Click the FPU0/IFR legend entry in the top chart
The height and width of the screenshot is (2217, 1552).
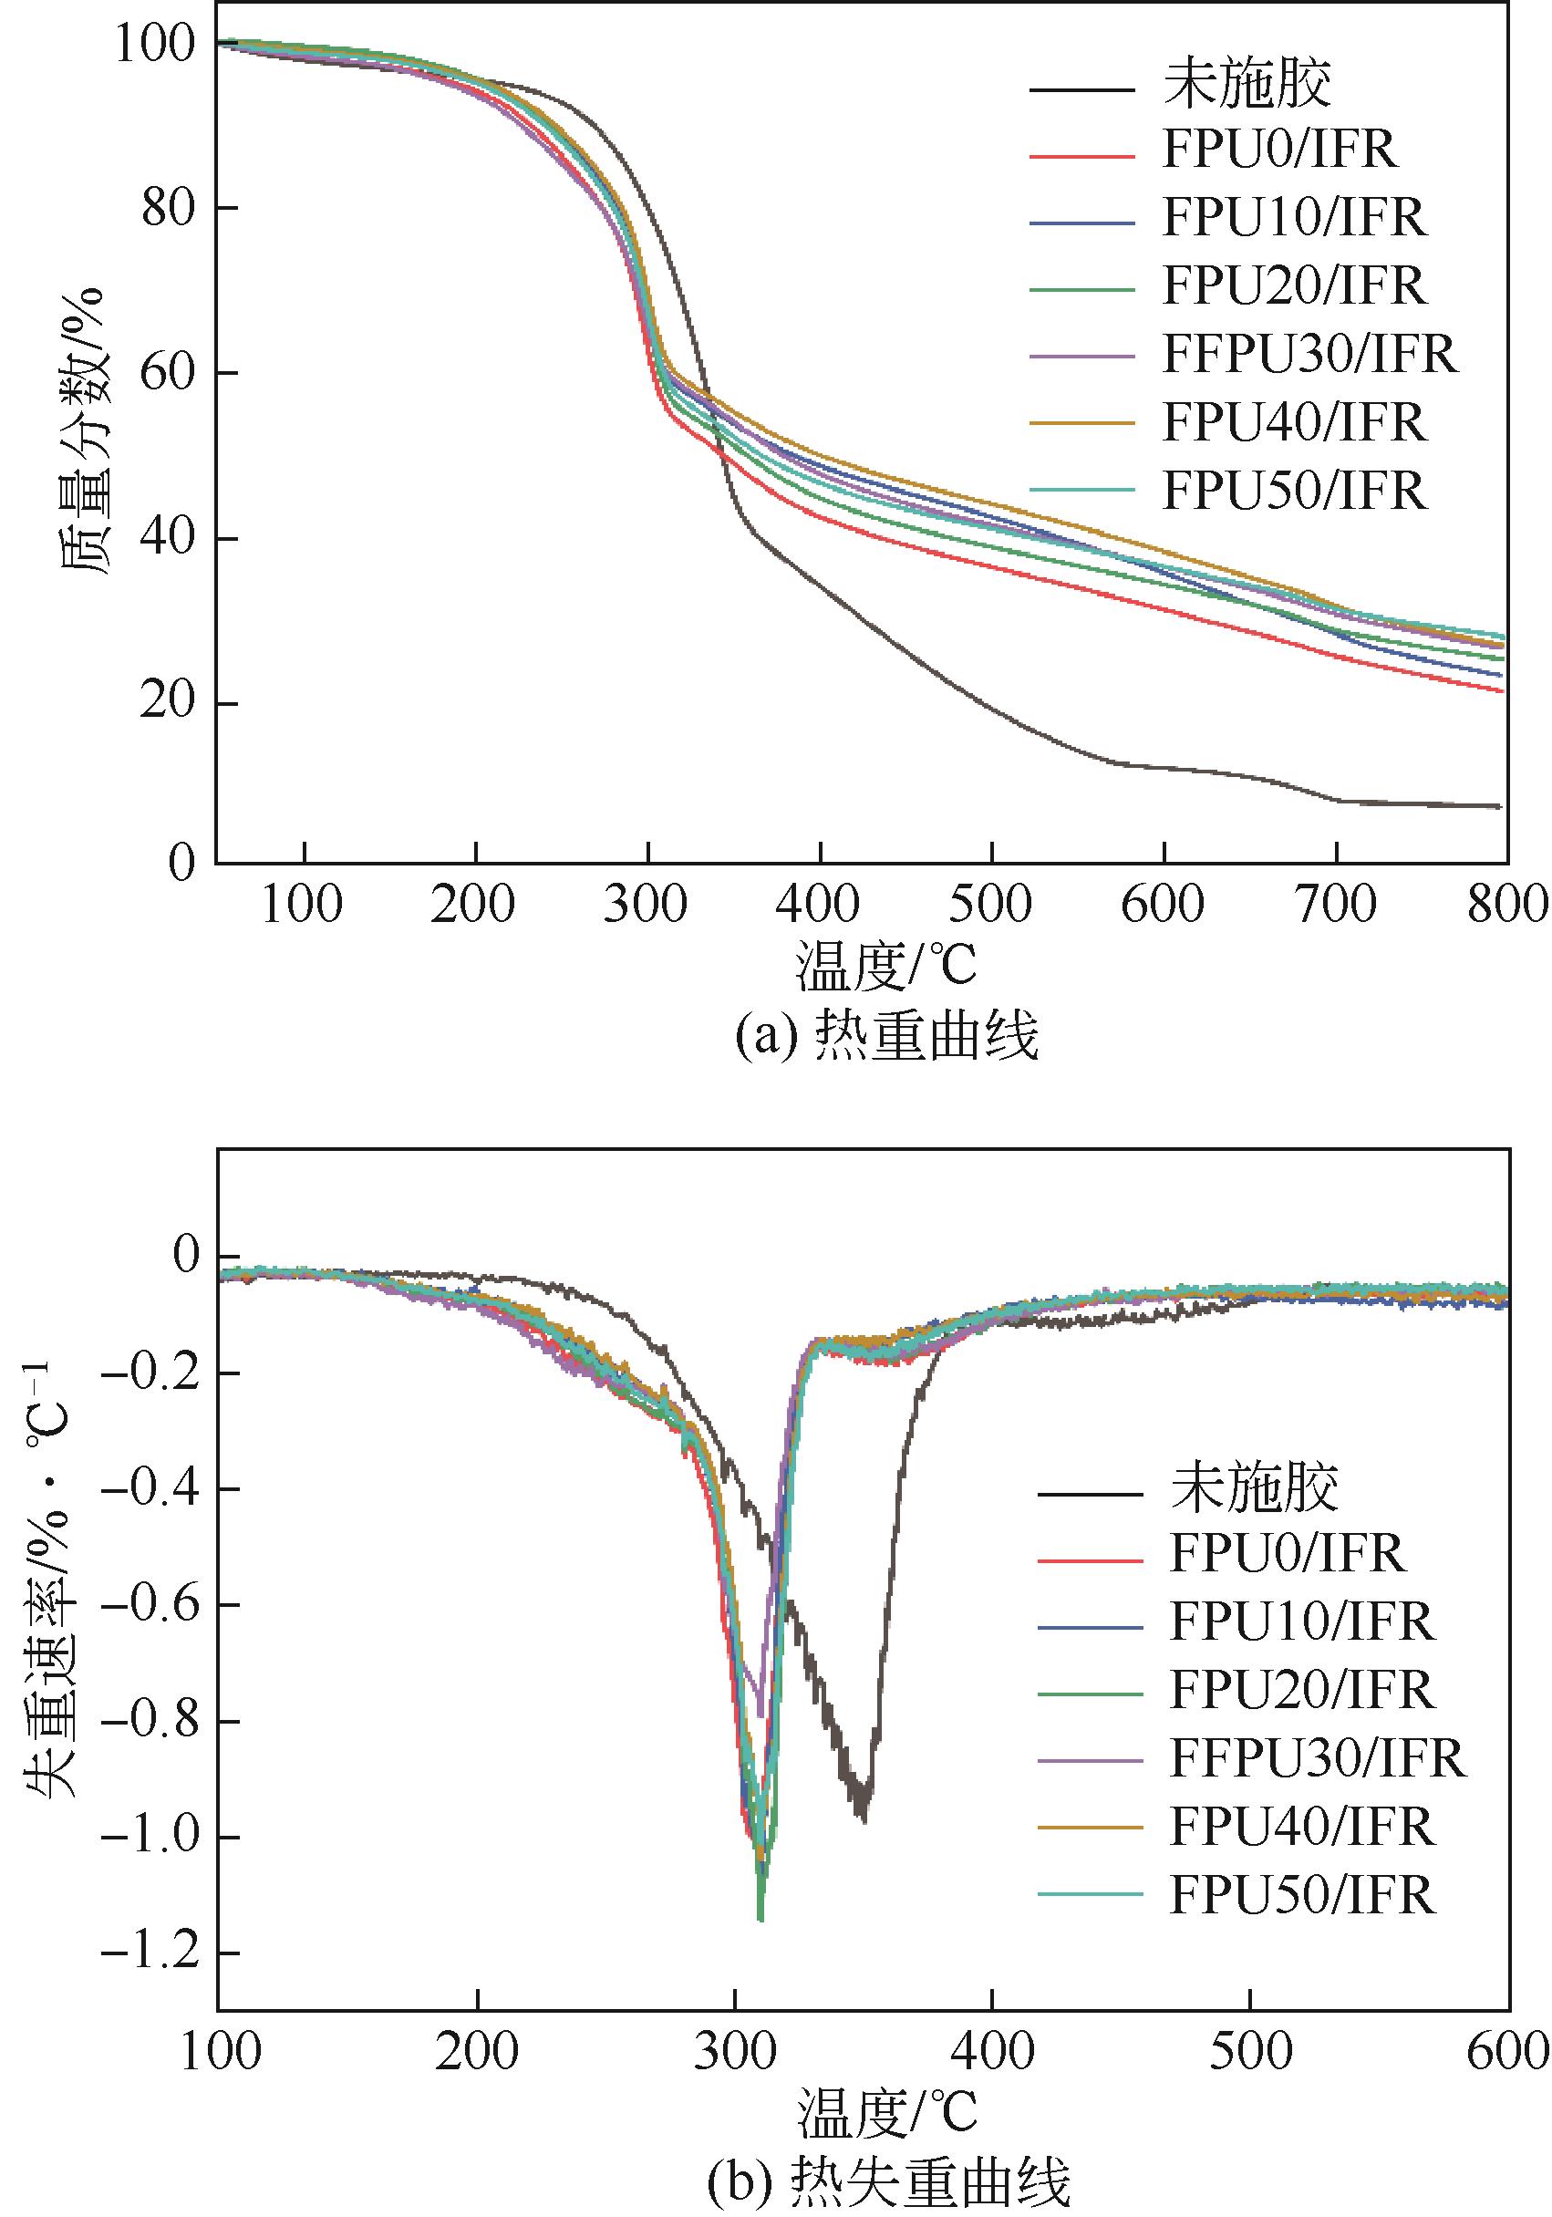pyautogui.click(x=1278, y=150)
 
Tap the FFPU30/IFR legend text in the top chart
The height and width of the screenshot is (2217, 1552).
pyautogui.click(x=1309, y=355)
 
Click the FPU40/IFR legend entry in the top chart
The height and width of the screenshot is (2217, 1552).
pyautogui.click(x=1293, y=422)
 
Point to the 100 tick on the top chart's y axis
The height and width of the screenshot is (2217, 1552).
pyautogui.click(x=154, y=44)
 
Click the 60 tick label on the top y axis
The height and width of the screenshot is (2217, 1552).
pyautogui.click(x=167, y=373)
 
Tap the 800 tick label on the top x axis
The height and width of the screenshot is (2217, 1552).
pyautogui.click(x=1505, y=906)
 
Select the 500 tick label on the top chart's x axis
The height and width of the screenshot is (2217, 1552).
pyautogui.click(x=991, y=906)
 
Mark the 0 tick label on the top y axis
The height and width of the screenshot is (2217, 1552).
pyautogui.click(x=181, y=861)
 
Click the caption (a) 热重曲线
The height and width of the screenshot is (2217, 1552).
pyautogui.click(x=886, y=1036)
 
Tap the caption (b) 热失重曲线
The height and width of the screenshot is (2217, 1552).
pyautogui.click(x=888, y=2181)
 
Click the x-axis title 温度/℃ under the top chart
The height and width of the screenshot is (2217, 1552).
pyautogui.click(x=886, y=966)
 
